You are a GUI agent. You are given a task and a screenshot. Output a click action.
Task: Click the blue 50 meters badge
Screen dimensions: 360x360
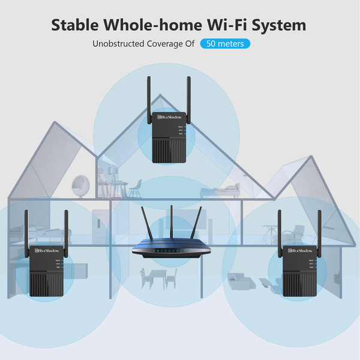(x=225, y=44)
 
